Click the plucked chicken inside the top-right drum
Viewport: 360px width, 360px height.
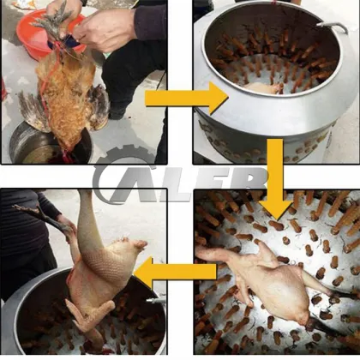pos(261,87)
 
